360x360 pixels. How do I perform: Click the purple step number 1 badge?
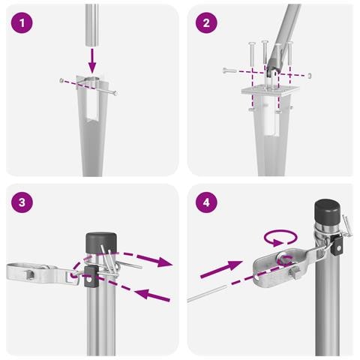coord(23,23)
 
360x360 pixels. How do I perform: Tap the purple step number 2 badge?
coord(205,23)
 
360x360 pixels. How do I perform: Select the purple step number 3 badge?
coord(23,203)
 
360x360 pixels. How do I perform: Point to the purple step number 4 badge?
coord(205,203)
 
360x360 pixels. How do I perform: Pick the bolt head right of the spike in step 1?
coord(115,94)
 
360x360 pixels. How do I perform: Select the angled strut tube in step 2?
coord(295,30)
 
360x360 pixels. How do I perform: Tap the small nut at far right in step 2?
coord(309,75)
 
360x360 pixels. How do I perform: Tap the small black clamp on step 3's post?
coord(90,277)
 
